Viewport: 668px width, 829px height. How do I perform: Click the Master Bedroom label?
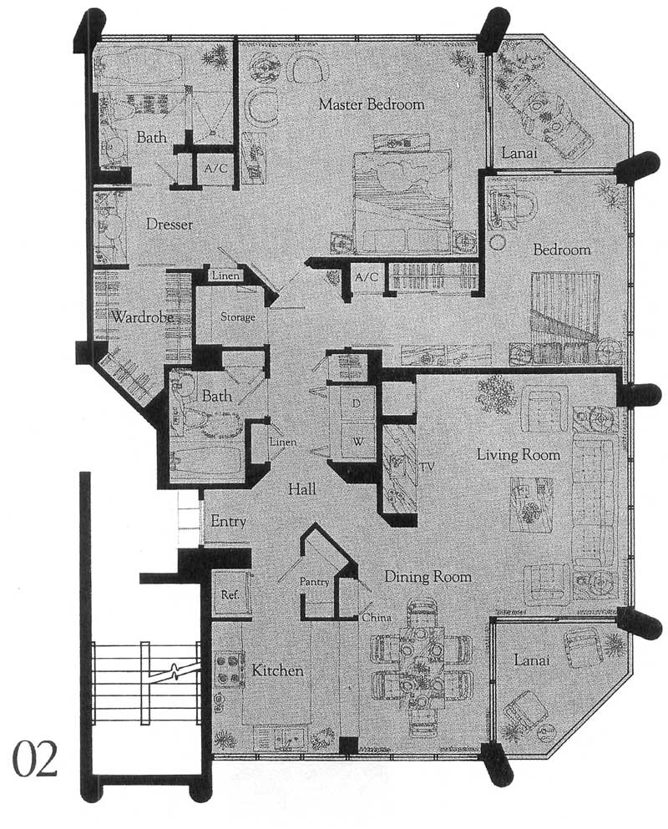coord(372,104)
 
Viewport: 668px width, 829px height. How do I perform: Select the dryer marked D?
coord(356,404)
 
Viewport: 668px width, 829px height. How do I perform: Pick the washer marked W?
coord(357,440)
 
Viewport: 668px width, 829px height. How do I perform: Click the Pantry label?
coord(314,582)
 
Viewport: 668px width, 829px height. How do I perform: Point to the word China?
coord(377,617)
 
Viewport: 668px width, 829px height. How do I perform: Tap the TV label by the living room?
coord(427,467)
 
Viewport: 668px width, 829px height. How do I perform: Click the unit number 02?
coord(34,759)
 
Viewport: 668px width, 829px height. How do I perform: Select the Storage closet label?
coord(237,317)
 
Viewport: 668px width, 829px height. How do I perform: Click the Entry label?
coord(229,521)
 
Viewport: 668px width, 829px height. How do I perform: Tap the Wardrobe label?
coord(143,317)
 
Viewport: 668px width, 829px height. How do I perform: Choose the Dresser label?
coord(170,225)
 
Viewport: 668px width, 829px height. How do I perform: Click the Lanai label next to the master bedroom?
coord(519,153)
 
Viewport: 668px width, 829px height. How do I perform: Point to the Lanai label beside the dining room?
coord(532,660)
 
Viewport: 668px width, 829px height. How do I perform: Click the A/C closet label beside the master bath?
coord(215,169)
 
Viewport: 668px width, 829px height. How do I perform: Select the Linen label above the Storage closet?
coord(225,275)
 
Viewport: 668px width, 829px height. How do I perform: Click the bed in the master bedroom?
coord(403,201)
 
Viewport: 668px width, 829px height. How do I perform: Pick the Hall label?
coord(302,488)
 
